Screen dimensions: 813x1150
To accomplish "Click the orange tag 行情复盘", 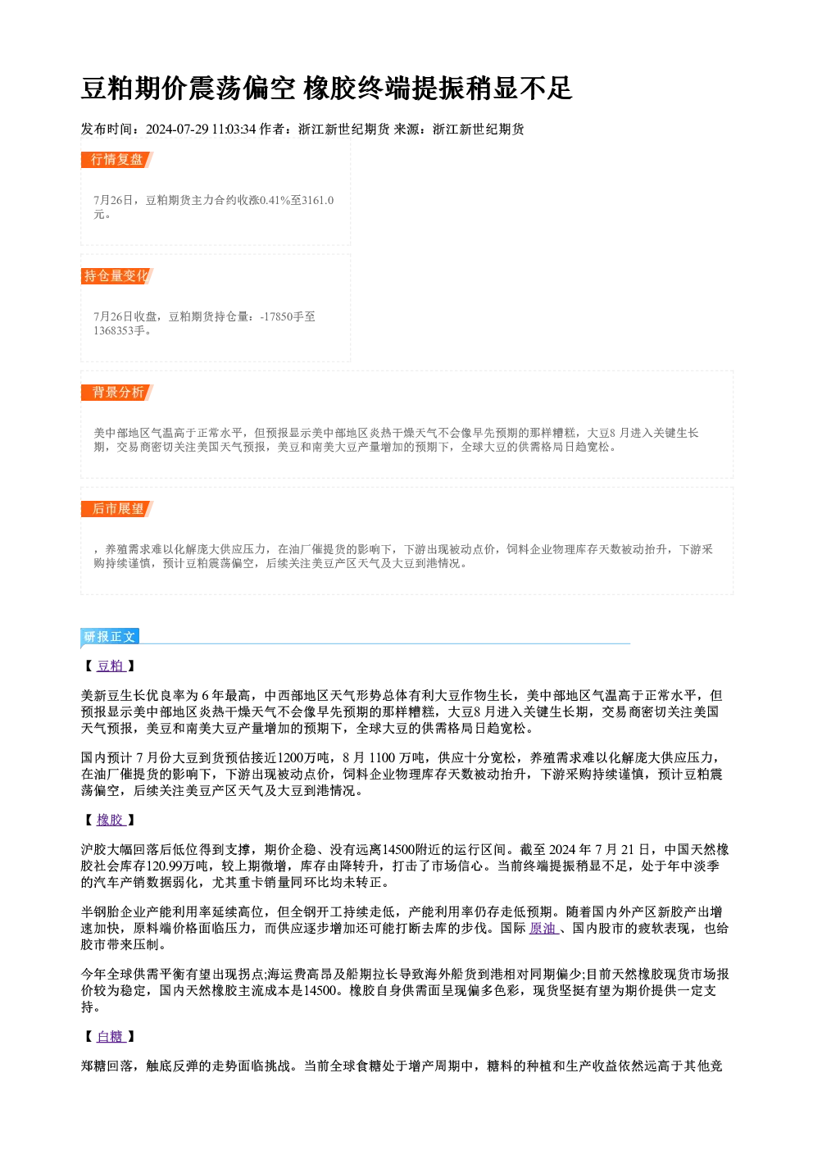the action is [117, 160].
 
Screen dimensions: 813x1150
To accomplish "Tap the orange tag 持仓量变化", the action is [117, 276].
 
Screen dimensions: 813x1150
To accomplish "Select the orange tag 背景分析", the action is [117, 393].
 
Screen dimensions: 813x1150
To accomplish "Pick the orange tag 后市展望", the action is [117, 509].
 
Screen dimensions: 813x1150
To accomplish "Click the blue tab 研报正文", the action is [110, 637].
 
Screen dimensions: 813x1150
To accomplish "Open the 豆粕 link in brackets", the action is [111, 666].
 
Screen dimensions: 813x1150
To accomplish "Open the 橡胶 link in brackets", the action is [111, 820].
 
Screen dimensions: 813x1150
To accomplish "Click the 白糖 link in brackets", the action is [111, 1037].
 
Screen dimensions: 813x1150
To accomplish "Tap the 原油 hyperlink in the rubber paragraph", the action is [543, 928].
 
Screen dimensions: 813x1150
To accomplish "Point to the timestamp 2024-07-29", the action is [177, 129].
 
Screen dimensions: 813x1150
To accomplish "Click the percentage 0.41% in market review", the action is [275, 200].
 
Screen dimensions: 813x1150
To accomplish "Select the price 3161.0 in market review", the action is [318, 200].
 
